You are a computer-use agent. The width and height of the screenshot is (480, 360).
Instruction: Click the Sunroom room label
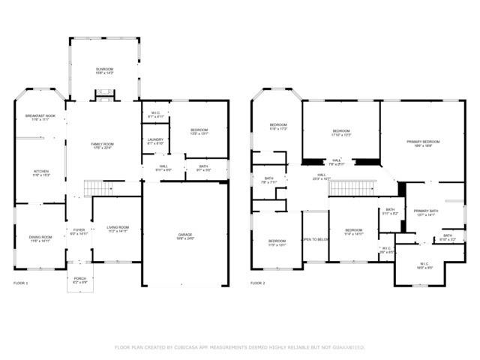coord(103,70)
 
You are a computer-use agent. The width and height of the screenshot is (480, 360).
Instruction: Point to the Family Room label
coord(103,145)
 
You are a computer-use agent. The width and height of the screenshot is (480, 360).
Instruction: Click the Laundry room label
coord(155,141)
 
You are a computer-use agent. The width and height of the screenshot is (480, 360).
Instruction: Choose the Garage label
coord(185,236)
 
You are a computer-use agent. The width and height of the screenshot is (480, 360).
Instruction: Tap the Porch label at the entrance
coord(80,280)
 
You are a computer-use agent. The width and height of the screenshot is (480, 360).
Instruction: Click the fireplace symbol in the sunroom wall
coord(103,95)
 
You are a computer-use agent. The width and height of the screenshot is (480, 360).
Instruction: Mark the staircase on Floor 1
coord(94,187)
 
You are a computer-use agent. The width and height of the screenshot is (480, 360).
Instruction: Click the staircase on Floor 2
coord(351,187)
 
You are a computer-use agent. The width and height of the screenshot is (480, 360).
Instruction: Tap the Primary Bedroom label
coord(423,143)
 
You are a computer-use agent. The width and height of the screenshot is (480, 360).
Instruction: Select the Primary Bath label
coord(424,213)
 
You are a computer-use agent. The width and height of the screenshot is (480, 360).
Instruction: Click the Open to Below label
coord(315,239)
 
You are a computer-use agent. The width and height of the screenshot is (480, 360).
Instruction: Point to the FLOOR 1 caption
coord(21,283)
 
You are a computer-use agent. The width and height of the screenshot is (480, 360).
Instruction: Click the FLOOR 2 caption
coord(257,283)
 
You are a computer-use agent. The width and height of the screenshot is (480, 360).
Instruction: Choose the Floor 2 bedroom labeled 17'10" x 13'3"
coord(340,133)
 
